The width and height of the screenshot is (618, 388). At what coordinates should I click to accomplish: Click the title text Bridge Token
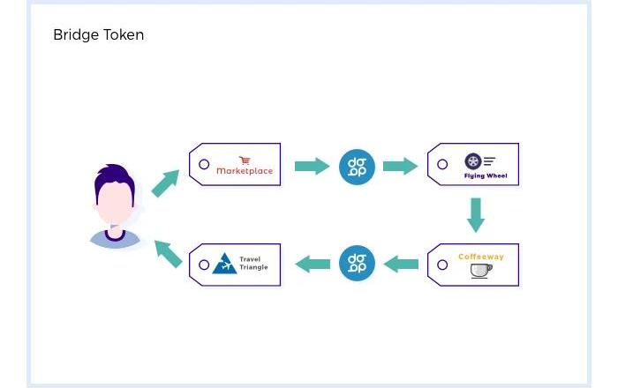(98, 35)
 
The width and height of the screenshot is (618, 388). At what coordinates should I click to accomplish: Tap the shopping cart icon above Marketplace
(245, 160)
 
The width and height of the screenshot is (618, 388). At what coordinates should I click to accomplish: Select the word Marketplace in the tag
(245, 171)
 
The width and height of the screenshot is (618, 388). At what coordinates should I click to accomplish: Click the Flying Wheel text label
(485, 175)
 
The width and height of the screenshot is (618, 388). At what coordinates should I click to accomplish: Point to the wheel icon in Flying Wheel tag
(472, 161)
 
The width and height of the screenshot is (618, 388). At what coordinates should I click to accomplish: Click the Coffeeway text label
(481, 257)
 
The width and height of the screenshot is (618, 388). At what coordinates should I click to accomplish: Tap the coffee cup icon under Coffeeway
(481, 271)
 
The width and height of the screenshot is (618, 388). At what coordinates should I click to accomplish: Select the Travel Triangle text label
(253, 263)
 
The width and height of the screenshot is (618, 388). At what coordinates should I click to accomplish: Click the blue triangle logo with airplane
(224, 264)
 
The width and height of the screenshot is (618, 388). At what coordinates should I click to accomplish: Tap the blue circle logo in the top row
(358, 166)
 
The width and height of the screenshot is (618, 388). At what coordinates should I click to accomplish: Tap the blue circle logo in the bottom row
(358, 263)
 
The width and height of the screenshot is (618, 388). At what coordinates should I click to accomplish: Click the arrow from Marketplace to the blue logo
(312, 166)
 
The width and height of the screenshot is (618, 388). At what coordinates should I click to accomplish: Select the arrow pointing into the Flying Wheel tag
(400, 166)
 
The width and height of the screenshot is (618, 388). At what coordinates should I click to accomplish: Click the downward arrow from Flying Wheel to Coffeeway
(476, 214)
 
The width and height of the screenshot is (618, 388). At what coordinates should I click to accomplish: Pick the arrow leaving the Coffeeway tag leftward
(402, 263)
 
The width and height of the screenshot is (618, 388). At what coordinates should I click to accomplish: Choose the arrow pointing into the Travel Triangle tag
(312, 263)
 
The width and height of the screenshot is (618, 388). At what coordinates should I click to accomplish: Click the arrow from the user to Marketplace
(164, 183)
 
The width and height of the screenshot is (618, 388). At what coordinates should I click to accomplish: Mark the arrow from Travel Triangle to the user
(168, 252)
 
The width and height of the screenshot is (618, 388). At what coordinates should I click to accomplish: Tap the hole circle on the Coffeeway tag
(442, 264)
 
